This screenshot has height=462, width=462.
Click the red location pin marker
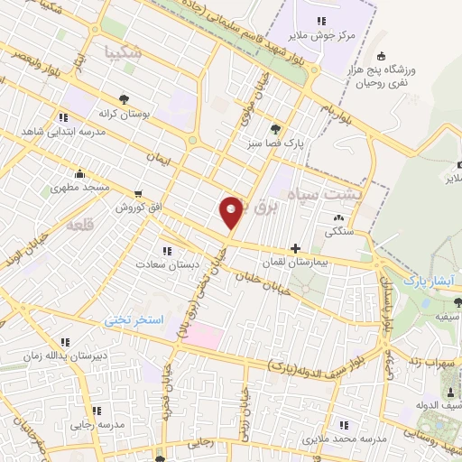click(x=232, y=212)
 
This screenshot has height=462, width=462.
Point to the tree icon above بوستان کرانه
click(x=124, y=100)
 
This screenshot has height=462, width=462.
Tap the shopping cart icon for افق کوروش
click(x=138, y=193)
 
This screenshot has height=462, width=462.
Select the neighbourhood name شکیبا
click(x=124, y=51)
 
